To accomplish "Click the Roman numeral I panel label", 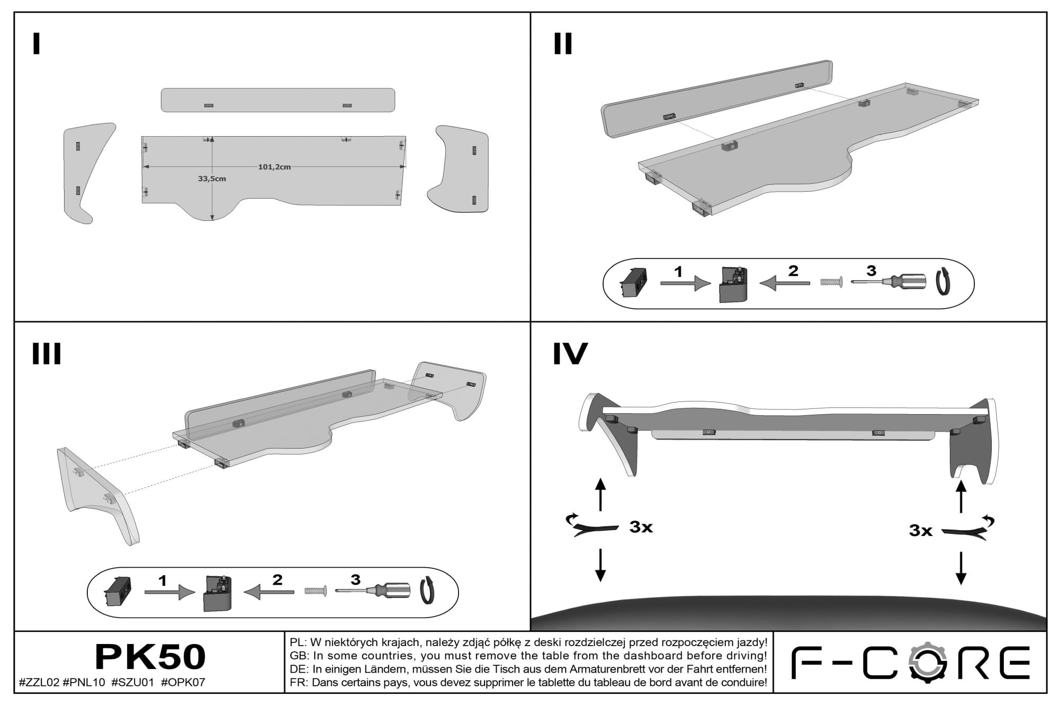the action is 36,44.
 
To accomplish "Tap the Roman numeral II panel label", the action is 563,44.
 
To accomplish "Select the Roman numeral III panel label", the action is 47,353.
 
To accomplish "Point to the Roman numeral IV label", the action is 570,353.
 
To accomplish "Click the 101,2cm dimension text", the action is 274,167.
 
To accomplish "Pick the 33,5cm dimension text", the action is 212,179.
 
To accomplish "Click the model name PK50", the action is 150,657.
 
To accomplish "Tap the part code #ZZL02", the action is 39,683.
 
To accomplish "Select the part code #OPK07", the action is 183,683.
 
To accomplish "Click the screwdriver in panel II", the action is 889,282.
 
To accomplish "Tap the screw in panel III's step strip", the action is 316,591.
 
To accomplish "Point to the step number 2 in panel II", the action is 793,271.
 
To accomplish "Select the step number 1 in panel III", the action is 163,580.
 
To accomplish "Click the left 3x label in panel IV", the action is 641,527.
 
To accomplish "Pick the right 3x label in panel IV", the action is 921,531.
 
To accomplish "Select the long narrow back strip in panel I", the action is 278,100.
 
